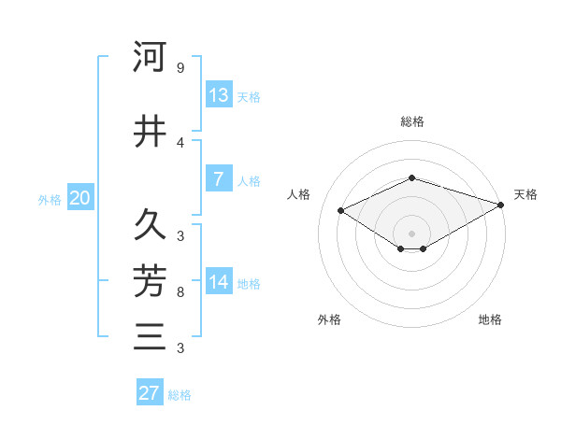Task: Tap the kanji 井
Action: tap(150, 132)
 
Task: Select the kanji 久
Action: tap(150, 224)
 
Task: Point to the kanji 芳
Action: tap(150, 279)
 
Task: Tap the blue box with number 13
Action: tap(219, 95)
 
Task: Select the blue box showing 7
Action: tap(219, 179)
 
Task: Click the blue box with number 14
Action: tap(219, 282)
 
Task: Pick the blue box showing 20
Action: tap(79, 198)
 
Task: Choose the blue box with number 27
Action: tap(150, 393)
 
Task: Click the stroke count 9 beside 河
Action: tap(180, 68)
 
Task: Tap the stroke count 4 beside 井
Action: tap(180, 143)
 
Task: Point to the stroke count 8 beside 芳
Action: tap(180, 292)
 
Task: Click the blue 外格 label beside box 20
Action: tap(50, 199)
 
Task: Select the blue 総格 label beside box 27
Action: tap(180, 395)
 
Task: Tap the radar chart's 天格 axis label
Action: tap(525, 194)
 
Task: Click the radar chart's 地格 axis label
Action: tap(490, 319)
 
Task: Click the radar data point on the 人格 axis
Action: tap(340, 210)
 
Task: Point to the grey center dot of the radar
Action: tap(411, 233)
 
